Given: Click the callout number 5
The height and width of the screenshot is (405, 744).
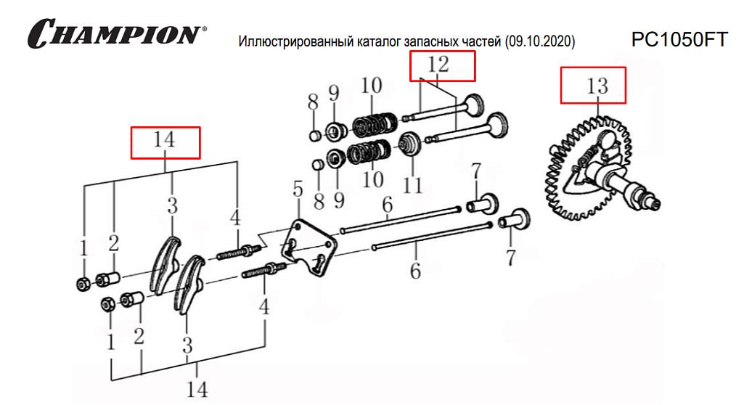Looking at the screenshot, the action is click(298, 189).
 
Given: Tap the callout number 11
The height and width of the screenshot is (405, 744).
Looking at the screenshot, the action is click(412, 185).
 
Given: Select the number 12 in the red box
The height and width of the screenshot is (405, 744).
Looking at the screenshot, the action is click(438, 64).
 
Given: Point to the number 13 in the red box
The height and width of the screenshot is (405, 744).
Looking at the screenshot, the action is click(597, 86).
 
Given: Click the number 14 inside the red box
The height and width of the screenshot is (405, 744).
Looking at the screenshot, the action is click(164, 139).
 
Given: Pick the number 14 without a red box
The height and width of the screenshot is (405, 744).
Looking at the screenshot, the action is click(197, 389).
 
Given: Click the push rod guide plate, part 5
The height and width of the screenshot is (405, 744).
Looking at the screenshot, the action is click(309, 247).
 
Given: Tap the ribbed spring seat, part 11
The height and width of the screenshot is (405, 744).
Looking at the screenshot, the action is click(409, 144).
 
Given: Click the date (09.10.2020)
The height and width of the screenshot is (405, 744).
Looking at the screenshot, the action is click(540, 41).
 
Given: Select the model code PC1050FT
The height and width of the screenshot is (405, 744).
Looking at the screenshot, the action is click(679, 40).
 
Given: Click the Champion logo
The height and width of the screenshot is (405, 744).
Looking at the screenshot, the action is click(117, 33).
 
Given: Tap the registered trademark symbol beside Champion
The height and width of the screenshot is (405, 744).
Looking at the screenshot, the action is click(205, 29).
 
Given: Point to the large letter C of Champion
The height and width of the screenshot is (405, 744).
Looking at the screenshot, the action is click(42, 33).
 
